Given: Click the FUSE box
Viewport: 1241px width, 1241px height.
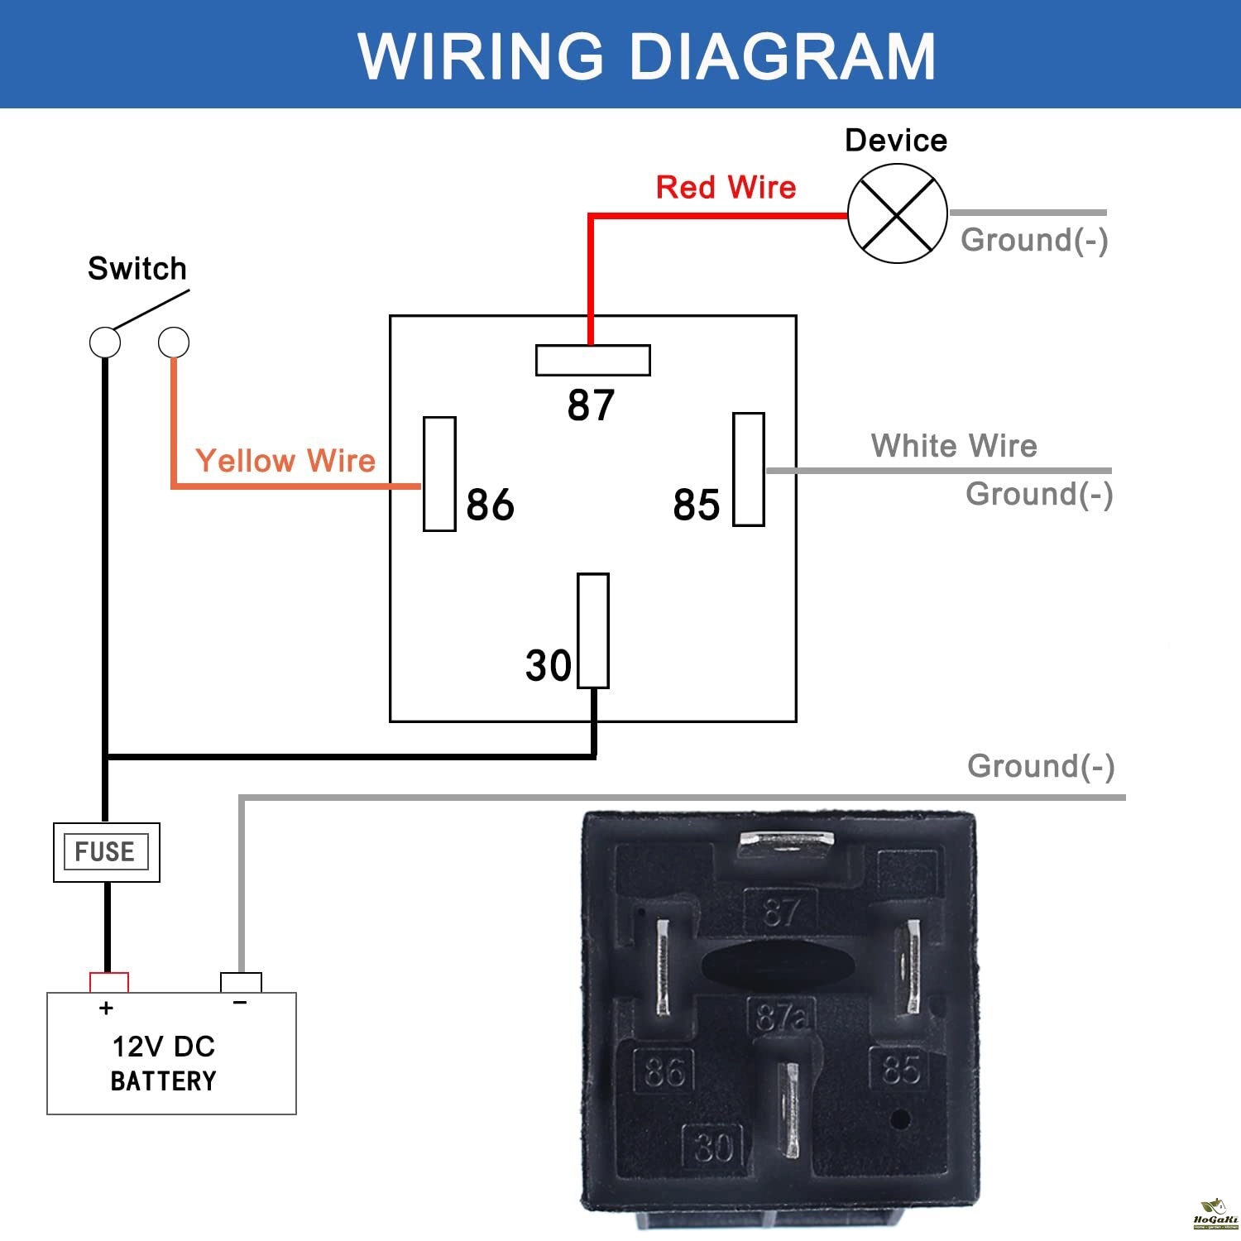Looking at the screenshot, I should [x=106, y=852].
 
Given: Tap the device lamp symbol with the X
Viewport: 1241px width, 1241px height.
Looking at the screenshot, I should [x=897, y=213].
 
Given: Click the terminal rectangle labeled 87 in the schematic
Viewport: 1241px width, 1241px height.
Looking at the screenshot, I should [x=592, y=360].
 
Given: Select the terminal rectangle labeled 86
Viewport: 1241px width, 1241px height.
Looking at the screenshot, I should [x=439, y=473].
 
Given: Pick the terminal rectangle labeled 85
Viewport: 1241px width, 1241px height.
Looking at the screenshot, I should [x=748, y=469].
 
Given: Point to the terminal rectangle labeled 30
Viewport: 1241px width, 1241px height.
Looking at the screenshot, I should [x=592, y=630].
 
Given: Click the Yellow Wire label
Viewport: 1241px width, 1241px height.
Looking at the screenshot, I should [x=285, y=461].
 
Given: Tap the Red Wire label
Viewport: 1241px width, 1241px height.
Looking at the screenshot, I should [x=726, y=188].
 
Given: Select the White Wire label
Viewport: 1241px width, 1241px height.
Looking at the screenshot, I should [x=953, y=446].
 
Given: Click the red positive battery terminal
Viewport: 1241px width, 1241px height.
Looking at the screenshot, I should [x=109, y=982].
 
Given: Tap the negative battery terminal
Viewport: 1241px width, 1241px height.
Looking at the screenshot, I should [x=241, y=982].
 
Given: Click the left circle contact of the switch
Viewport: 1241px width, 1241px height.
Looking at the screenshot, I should [x=105, y=342].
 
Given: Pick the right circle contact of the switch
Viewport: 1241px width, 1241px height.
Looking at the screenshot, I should [x=174, y=342].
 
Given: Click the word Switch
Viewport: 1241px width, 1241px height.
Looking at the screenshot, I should [x=137, y=269].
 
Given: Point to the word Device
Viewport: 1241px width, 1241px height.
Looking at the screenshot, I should [x=896, y=141].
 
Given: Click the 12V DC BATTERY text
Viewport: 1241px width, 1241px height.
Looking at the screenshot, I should [x=163, y=1063].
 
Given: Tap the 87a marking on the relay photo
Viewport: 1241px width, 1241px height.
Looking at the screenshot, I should [x=780, y=1017].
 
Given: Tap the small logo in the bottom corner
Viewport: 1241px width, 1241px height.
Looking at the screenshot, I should [x=1215, y=1215].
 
